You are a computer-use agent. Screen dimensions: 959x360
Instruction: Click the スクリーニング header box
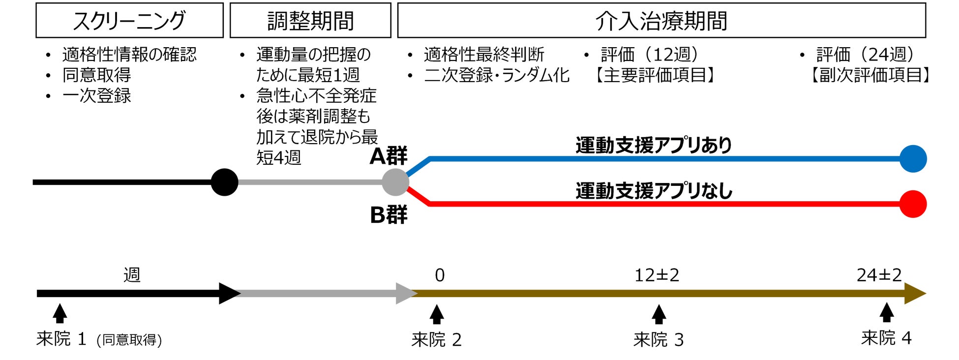[x=129, y=20]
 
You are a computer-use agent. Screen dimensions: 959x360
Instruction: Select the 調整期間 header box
[x=310, y=20]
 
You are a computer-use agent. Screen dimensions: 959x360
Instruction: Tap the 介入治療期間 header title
[x=661, y=21]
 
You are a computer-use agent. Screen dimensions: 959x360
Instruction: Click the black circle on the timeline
[x=224, y=182]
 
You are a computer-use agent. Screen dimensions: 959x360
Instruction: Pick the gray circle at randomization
[x=395, y=182]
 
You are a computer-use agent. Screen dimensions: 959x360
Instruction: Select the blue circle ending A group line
[x=913, y=159]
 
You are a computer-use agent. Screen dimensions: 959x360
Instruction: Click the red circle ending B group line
[x=913, y=204]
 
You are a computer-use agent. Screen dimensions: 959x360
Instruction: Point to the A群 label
[x=388, y=156]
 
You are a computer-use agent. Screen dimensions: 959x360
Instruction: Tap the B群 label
[x=388, y=215]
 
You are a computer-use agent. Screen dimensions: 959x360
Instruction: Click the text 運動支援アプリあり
[x=654, y=145]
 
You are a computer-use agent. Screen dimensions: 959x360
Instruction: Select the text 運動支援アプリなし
[x=654, y=190]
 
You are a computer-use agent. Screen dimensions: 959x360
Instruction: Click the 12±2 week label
[x=657, y=275]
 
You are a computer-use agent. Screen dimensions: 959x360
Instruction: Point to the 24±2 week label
[x=879, y=275]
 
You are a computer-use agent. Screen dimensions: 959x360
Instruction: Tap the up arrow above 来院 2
[x=437, y=314]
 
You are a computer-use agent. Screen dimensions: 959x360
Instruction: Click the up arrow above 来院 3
[x=659, y=314]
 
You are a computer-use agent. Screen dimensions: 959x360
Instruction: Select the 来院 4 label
[x=886, y=338]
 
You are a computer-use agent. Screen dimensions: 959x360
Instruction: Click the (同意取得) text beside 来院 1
[x=129, y=340]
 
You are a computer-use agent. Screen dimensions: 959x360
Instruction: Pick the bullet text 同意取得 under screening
[x=97, y=75]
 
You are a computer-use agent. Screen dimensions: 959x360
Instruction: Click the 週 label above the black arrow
[x=132, y=274]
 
